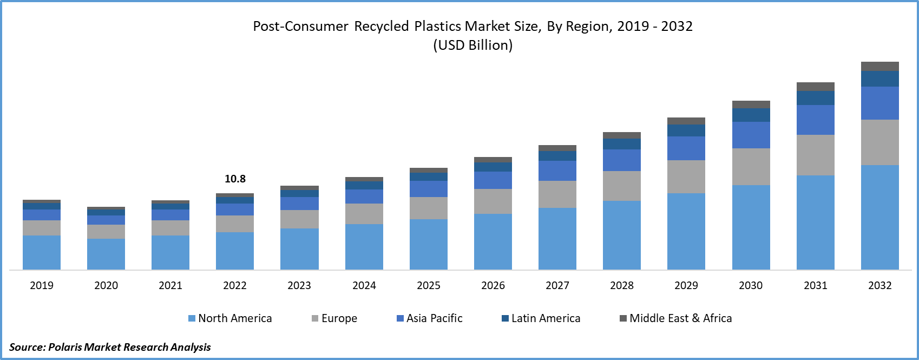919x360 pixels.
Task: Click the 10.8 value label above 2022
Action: pos(235,179)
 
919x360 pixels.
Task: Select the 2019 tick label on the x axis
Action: pos(42,285)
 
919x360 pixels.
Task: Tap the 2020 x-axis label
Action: pos(106,285)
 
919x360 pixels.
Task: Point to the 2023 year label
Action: pos(299,285)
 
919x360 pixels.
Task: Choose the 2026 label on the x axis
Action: pos(493,285)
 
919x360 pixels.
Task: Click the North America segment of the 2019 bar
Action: pos(42,252)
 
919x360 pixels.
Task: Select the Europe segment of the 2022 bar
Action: pos(235,224)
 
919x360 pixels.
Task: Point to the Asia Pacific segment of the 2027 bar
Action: pos(557,171)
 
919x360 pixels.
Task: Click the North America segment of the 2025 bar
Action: pos(429,244)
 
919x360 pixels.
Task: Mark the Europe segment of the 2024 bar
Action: pos(364,214)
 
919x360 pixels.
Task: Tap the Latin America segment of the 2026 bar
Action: pos(493,167)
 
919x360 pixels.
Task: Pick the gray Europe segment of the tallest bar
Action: pos(880,142)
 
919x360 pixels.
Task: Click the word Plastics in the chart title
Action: pos(438,27)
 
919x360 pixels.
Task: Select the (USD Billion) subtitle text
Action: pos(473,45)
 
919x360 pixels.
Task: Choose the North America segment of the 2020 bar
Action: pos(106,254)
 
